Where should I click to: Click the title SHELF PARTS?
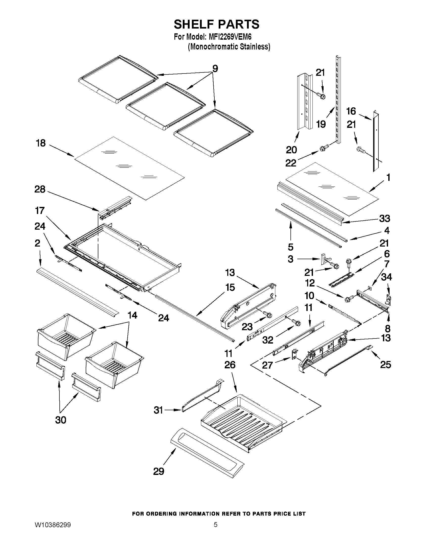pyautogui.click(x=216, y=24)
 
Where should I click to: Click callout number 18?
pyautogui.click(x=40, y=143)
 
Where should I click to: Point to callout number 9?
pyautogui.click(x=215, y=68)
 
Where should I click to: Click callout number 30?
pyautogui.click(x=61, y=420)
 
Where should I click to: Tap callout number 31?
pyautogui.click(x=158, y=410)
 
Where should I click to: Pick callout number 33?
pyautogui.click(x=385, y=219)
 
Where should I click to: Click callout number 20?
pyautogui.click(x=291, y=150)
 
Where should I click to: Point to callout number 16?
pyautogui.click(x=351, y=111)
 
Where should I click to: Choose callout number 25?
pyautogui.click(x=386, y=365)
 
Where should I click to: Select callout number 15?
pyautogui.click(x=230, y=287)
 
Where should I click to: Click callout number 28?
pyautogui.click(x=40, y=189)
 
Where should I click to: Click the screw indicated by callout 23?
pyautogui.click(x=268, y=315)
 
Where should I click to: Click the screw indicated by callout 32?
pyautogui.click(x=297, y=322)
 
